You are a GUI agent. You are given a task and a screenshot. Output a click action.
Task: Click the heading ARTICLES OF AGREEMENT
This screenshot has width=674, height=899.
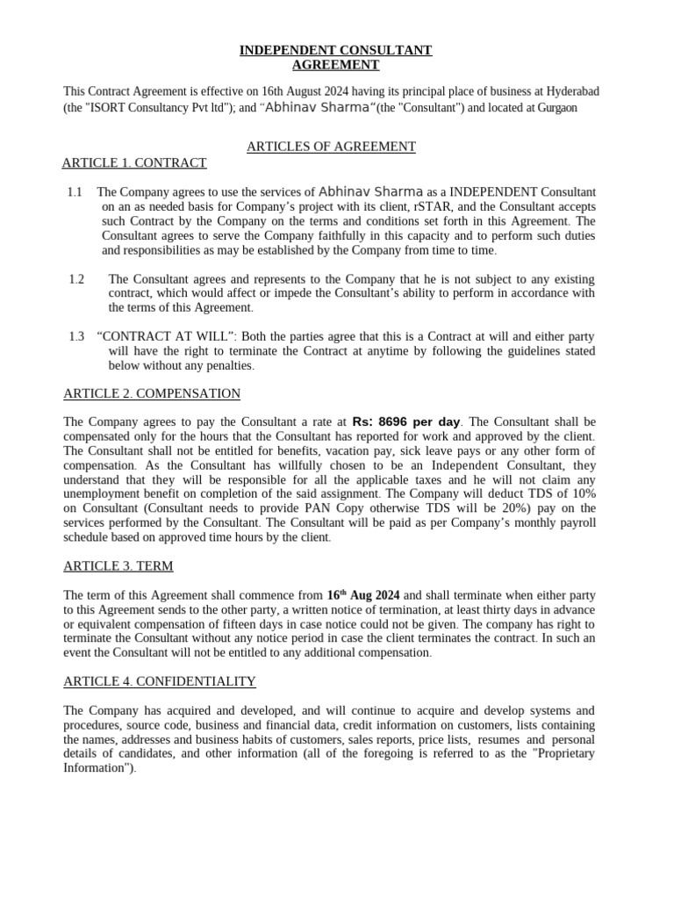click(331, 147)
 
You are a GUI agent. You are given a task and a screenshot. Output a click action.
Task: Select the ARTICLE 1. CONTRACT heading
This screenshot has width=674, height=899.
click(134, 162)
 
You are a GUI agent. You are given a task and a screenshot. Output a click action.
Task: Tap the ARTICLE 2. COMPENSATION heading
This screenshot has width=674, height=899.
click(152, 393)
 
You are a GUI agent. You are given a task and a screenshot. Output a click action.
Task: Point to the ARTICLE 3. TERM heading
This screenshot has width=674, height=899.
click(118, 565)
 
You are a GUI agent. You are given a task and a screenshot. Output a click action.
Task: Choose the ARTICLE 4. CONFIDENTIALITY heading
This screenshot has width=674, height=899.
click(160, 681)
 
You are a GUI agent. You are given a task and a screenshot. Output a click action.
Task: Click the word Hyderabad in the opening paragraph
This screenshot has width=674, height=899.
click(570, 91)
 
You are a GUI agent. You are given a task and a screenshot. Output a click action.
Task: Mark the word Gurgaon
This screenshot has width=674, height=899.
click(554, 107)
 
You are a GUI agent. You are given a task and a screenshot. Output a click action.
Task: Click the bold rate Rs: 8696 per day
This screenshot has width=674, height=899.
click(405, 421)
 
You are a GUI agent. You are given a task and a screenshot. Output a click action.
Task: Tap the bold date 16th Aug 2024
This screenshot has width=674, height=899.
click(363, 594)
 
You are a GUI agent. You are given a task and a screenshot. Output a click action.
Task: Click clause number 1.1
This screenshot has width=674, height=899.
click(75, 191)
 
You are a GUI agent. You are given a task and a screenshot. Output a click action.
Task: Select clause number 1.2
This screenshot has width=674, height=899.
click(76, 279)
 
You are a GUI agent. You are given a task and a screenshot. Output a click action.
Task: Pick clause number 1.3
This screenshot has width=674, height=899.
click(76, 336)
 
